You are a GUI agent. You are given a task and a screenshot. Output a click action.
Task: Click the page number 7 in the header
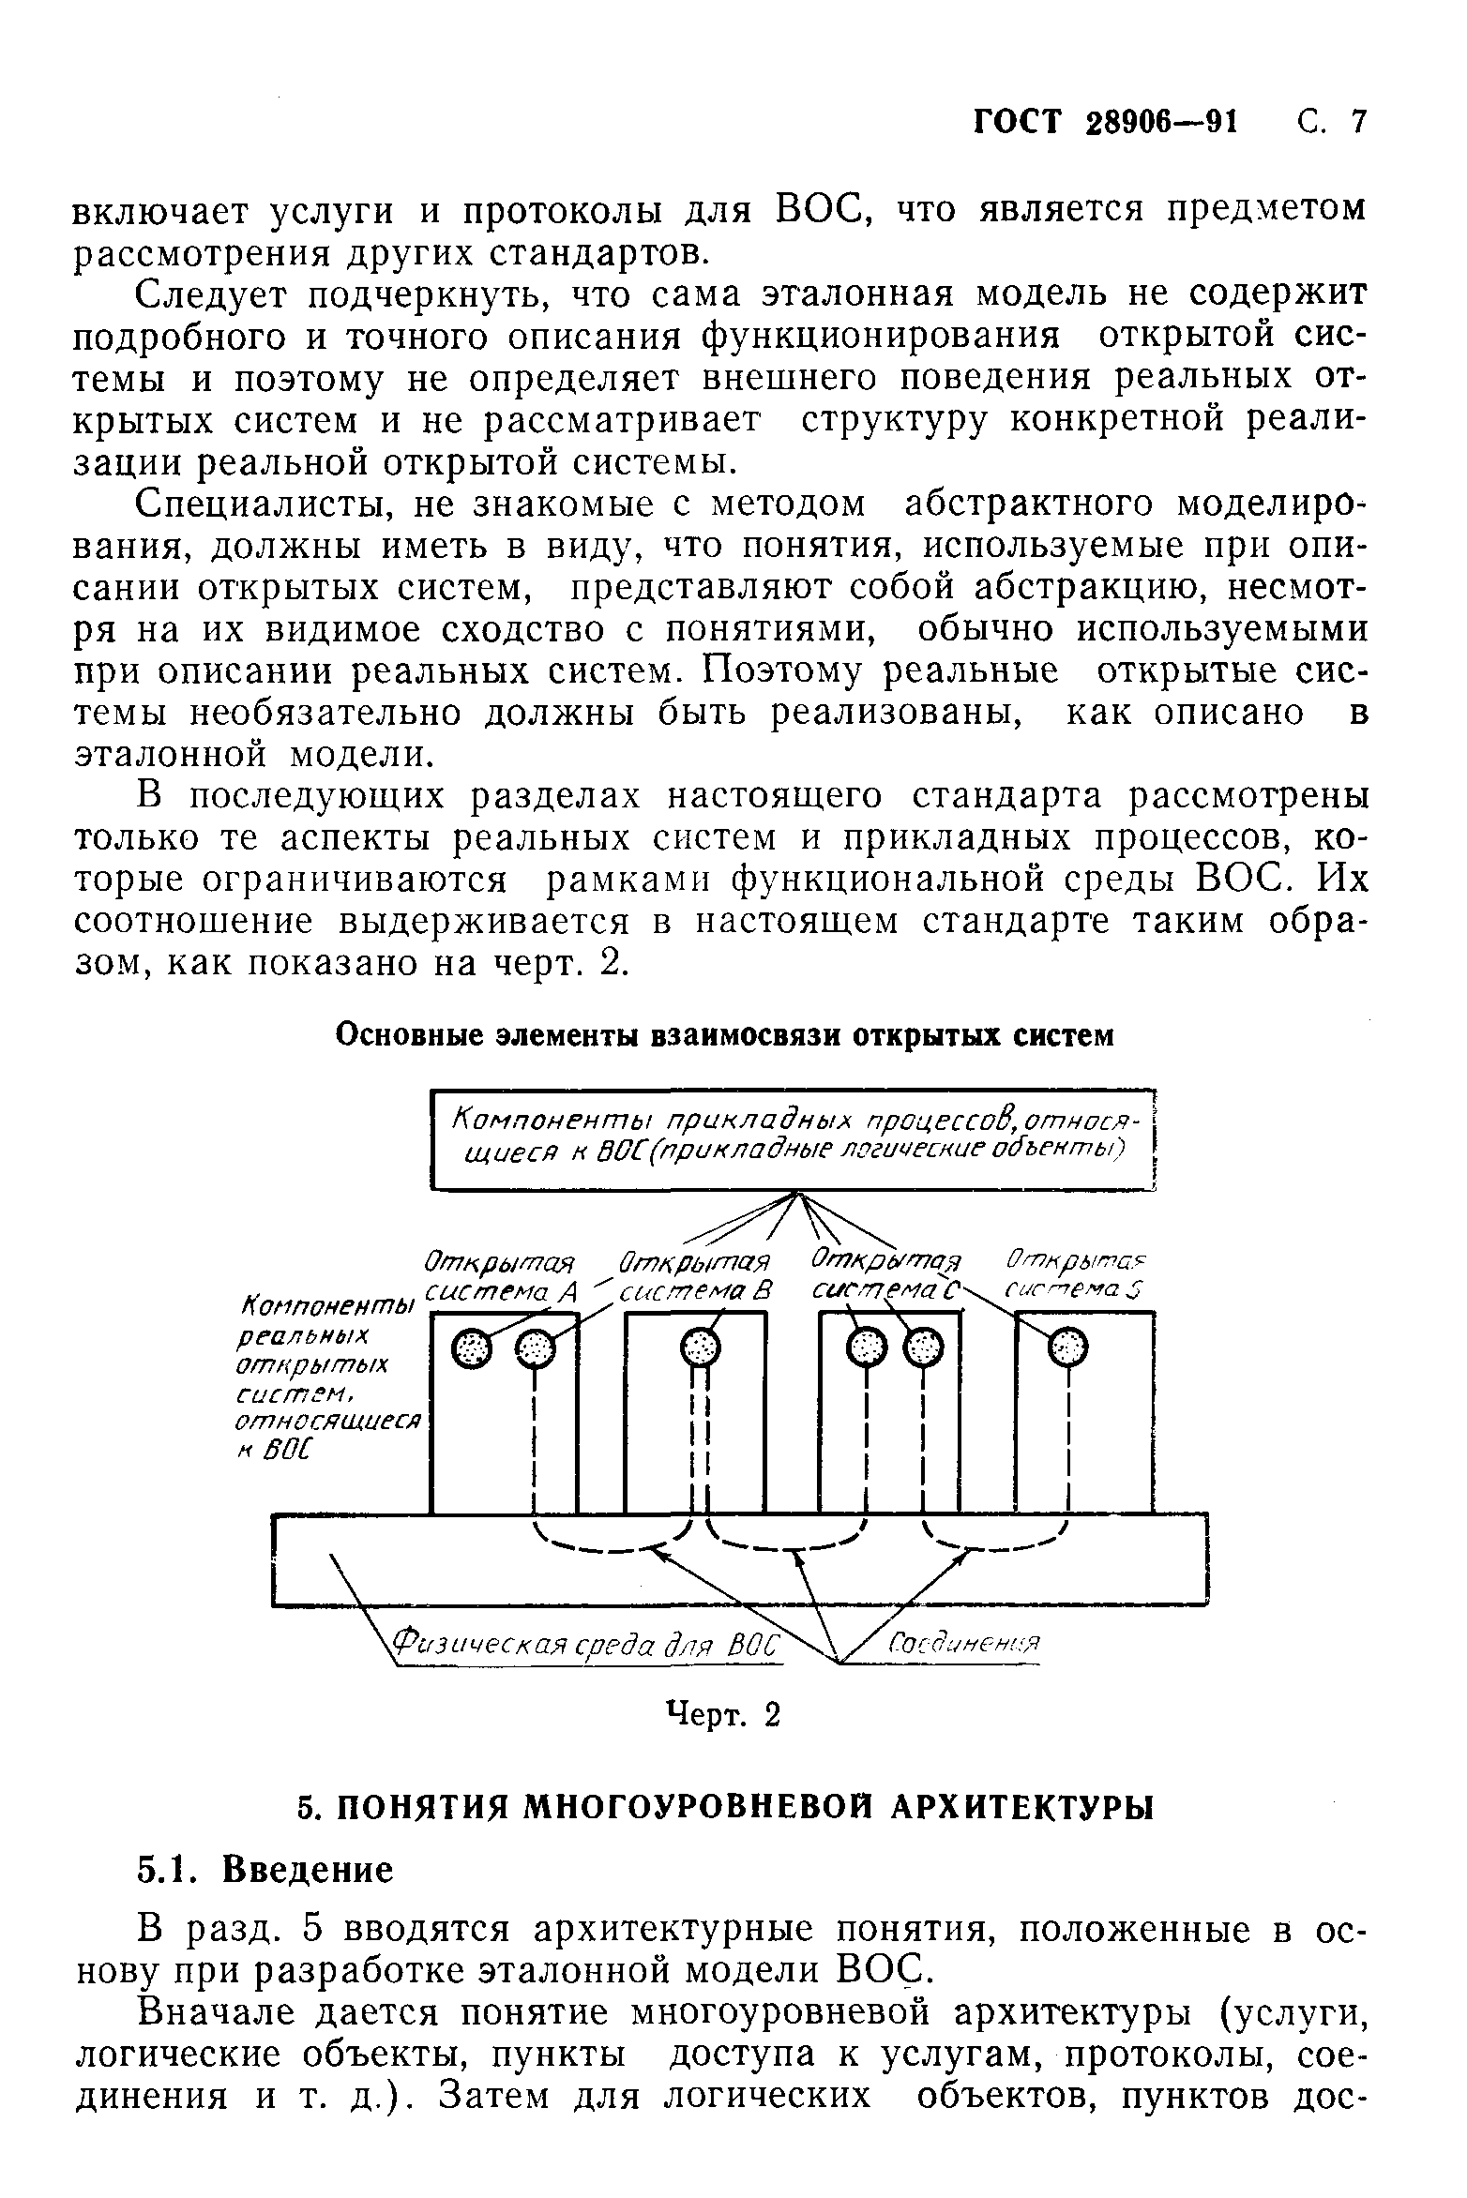pos(1356,123)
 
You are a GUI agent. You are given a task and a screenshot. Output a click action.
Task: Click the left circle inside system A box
pos(471,1349)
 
